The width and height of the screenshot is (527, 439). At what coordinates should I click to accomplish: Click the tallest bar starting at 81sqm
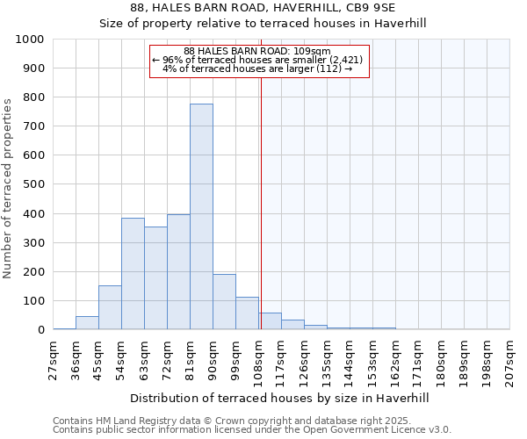tap(201, 217)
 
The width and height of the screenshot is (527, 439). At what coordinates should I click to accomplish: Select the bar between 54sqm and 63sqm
tap(133, 274)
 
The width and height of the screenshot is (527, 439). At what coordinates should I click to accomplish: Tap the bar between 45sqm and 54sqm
tap(110, 307)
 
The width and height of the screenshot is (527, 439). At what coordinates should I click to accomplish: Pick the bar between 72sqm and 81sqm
tap(178, 272)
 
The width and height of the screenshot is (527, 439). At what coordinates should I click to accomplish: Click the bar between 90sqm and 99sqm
tap(224, 302)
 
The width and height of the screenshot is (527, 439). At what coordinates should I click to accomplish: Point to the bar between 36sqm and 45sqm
tap(87, 323)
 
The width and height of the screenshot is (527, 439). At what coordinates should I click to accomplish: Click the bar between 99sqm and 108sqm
tap(247, 313)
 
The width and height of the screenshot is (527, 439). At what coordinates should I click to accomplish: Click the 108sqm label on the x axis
tap(259, 360)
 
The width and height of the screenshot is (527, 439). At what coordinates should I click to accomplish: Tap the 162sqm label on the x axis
tap(396, 360)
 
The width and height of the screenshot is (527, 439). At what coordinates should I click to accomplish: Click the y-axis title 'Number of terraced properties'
tap(8, 188)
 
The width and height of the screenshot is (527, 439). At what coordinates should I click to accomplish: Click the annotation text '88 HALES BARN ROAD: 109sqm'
tap(257, 51)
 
